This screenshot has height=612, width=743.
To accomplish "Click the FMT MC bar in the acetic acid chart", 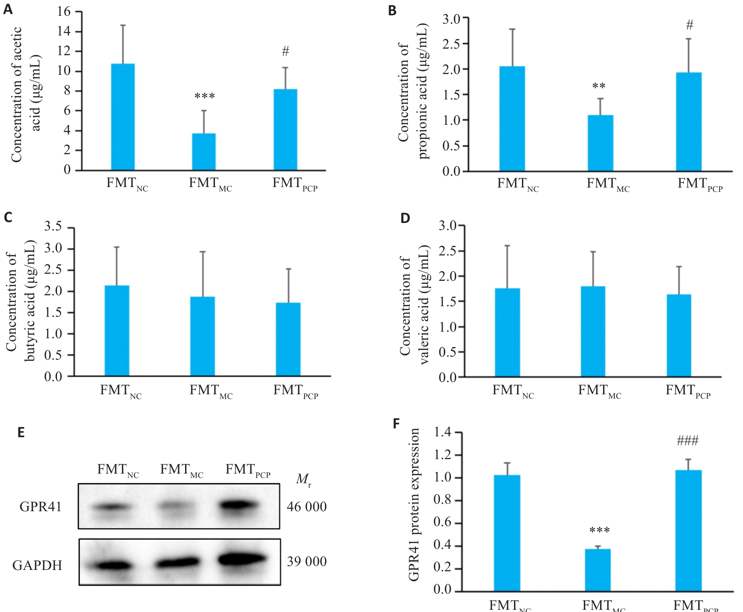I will coord(204,152).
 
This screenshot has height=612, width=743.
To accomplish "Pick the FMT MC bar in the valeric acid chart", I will coord(593,332).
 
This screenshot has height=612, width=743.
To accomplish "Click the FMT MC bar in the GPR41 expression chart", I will coord(598,570).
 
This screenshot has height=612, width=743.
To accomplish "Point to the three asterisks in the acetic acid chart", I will coord(204,96).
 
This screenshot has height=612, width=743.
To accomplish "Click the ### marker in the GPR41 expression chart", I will coord(687,441).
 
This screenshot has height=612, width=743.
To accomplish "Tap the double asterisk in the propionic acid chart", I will coord(599,86).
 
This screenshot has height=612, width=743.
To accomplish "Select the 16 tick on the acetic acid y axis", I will coord(64,12).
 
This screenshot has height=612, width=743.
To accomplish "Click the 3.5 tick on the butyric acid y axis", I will coord(53,227).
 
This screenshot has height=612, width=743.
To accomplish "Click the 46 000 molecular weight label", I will coord(307,507).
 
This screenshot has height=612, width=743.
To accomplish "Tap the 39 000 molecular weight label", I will coord(307,562).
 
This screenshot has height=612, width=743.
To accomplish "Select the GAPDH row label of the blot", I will coord(37,566).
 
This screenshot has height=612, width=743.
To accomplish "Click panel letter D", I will coord(405,218).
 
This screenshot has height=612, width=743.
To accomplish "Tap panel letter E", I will coord(21,432).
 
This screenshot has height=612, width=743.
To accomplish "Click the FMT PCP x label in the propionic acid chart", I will coord(700,184).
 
